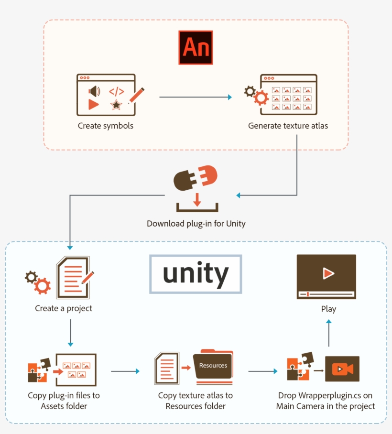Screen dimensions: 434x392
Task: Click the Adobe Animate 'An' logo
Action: click(x=195, y=48)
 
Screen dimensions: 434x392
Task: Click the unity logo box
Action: click(x=196, y=274)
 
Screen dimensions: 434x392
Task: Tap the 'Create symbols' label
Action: click(x=106, y=126)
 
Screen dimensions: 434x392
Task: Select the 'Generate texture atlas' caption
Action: click(x=288, y=126)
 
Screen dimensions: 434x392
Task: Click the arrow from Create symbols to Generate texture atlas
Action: click(x=195, y=98)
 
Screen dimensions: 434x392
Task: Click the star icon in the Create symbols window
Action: click(x=116, y=105)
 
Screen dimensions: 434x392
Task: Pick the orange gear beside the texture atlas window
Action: click(x=261, y=98)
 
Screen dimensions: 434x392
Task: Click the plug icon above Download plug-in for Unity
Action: click(x=195, y=178)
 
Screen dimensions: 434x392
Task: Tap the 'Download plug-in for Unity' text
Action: click(x=196, y=224)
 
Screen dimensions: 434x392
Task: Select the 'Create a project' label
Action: click(x=64, y=309)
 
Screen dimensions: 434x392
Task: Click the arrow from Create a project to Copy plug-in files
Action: click(x=70, y=332)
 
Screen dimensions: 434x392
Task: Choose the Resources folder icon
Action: click(x=213, y=367)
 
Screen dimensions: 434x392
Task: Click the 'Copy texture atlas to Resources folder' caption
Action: click(x=196, y=401)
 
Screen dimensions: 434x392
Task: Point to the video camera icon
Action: click(x=342, y=369)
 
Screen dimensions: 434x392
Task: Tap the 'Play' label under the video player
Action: click(x=328, y=309)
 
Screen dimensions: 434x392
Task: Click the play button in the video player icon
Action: click(x=328, y=273)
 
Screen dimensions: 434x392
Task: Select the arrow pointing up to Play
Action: click(x=328, y=333)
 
